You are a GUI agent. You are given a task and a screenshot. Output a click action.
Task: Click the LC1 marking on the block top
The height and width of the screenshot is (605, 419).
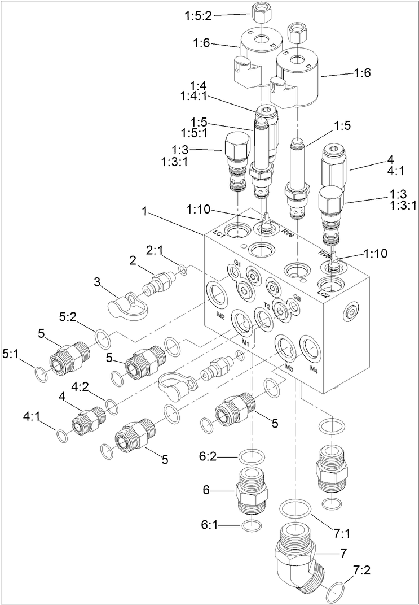click(219, 233)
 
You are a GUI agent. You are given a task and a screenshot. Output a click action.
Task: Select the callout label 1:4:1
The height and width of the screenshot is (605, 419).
click(195, 97)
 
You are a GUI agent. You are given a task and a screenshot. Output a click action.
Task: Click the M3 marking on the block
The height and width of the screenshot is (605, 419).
click(289, 368)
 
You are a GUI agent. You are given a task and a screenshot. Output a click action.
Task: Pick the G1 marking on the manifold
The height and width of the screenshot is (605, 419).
click(237, 264)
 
